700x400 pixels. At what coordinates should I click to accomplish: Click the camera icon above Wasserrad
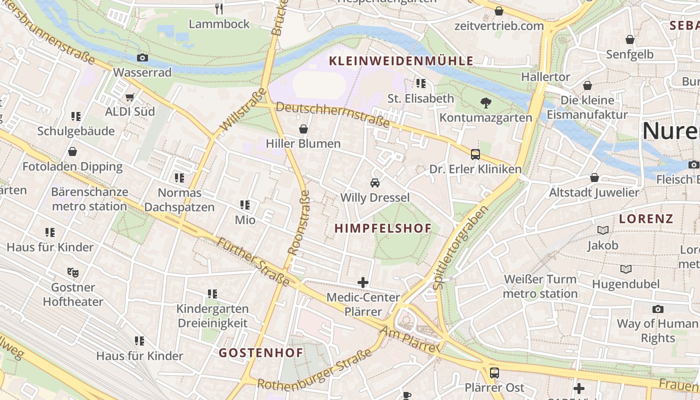(x=142, y=58)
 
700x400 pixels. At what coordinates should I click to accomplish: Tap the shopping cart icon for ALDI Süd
(x=130, y=97)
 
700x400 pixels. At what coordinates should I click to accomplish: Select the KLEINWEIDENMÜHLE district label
(x=400, y=61)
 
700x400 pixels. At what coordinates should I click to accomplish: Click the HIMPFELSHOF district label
(x=382, y=228)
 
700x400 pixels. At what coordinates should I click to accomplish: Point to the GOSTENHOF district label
(x=260, y=352)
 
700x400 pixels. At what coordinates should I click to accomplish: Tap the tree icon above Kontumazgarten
(x=485, y=103)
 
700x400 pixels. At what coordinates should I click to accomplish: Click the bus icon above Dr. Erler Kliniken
(x=475, y=154)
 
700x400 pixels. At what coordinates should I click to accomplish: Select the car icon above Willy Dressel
(x=374, y=183)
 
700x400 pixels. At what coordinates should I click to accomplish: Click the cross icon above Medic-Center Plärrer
(x=363, y=282)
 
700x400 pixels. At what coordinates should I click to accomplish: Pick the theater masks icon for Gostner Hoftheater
(x=73, y=272)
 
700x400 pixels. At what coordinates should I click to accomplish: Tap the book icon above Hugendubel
(x=625, y=269)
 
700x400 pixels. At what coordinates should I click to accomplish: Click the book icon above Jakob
(x=602, y=230)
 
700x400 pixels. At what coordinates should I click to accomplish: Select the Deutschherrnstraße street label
(x=332, y=114)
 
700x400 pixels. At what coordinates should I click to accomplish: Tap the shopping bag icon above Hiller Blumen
(x=303, y=129)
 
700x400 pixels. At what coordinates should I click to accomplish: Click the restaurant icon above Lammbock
(x=218, y=8)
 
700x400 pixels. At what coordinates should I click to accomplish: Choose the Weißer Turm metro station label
(x=540, y=286)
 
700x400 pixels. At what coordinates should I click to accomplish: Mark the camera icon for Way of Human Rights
(x=657, y=309)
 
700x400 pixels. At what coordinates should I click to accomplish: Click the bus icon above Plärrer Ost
(x=494, y=372)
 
